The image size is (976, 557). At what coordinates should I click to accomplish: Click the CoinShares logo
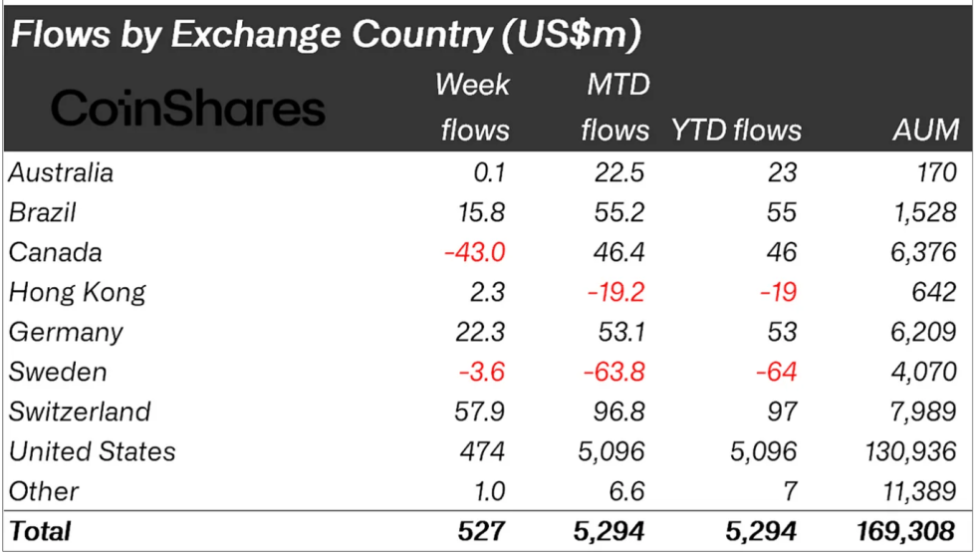coord(187,108)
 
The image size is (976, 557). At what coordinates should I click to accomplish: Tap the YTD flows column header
coord(737,130)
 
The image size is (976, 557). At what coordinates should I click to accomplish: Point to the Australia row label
coord(61,172)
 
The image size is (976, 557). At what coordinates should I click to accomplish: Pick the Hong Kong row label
coord(77,292)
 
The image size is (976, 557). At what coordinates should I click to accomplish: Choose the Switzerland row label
coord(80,412)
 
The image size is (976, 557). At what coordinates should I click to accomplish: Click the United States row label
coord(92,451)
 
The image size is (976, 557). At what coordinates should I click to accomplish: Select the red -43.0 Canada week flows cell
coord(474,252)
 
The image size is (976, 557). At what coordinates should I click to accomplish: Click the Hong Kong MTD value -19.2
coord(613,292)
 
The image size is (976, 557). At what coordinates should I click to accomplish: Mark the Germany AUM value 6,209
coord(926,332)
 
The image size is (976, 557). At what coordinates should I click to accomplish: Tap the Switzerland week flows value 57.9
coord(481,412)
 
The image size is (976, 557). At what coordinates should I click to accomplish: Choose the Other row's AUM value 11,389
coord(919,491)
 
